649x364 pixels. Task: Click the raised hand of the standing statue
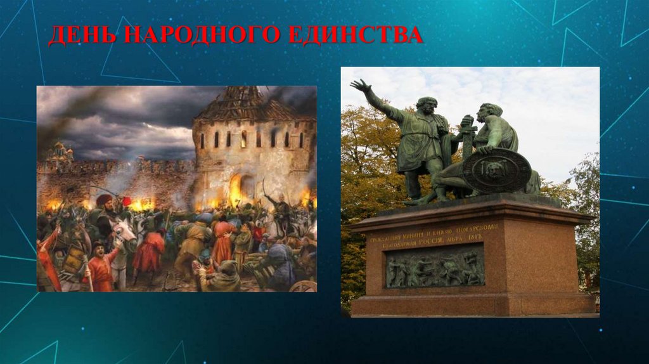[x=360, y=86]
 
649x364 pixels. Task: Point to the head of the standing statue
[x=427, y=105]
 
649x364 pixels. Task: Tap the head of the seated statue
[x=488, y=112]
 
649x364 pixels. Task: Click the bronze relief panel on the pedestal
[x=435, y=266]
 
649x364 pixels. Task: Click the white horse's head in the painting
[x=125, y=230]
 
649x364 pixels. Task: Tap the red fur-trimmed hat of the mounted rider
[x=103, y=200]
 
